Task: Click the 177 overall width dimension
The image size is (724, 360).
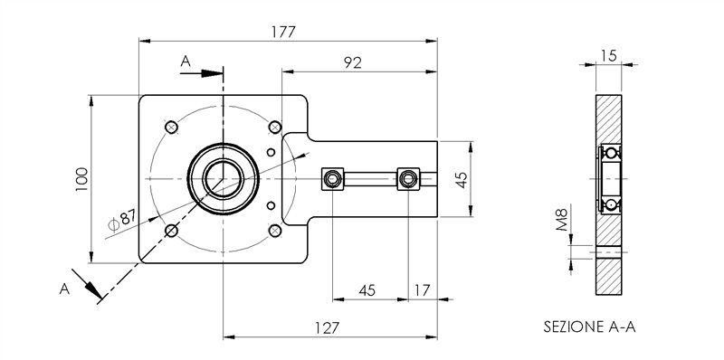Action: click(284, 30)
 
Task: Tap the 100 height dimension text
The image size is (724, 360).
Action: click(81, 179)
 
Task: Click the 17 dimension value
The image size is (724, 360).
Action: click(422, 290)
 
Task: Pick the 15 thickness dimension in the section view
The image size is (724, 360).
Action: click(608, 56)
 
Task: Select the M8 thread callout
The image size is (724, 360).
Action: click(562, 219)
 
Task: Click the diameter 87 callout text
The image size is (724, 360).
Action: click(120, 219)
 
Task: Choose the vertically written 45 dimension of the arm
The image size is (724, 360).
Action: click(461, 179)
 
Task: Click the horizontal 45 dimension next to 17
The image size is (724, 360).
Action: click(367, 290)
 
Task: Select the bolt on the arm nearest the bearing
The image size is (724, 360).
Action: click(334, 178)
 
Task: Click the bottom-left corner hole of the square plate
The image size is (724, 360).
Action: click(171, 231)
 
